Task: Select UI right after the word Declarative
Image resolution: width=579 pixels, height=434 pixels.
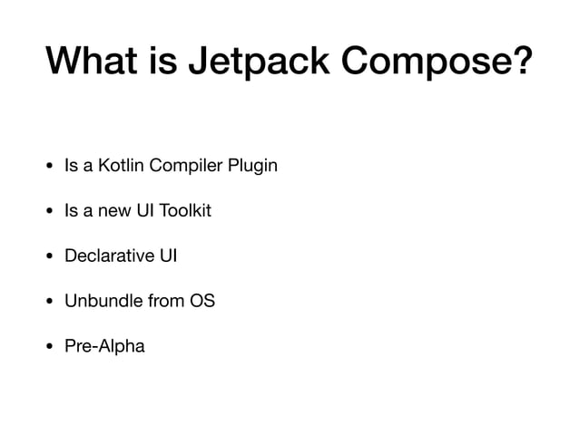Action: (168, 256)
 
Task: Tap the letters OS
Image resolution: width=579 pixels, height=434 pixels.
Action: (201, 300)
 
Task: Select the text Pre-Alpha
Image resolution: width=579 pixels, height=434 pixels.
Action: (104, 345)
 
